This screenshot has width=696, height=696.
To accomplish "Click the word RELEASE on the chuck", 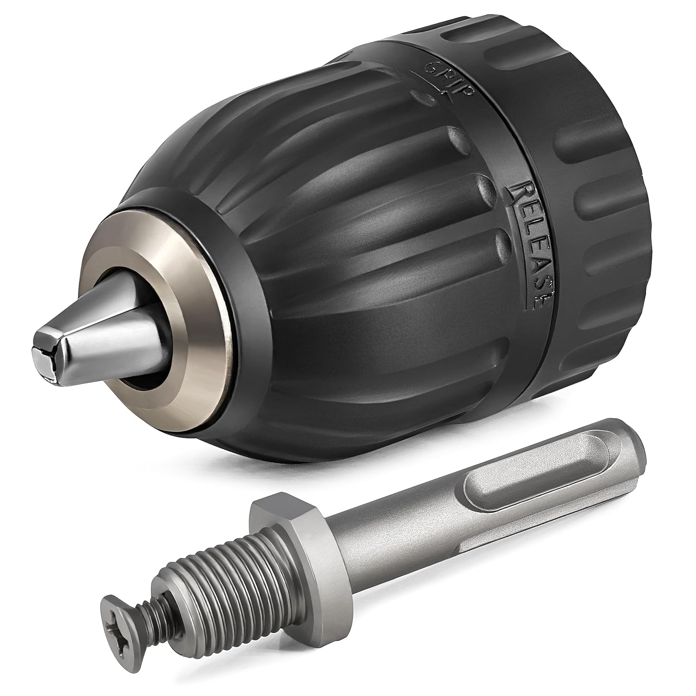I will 529,246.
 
